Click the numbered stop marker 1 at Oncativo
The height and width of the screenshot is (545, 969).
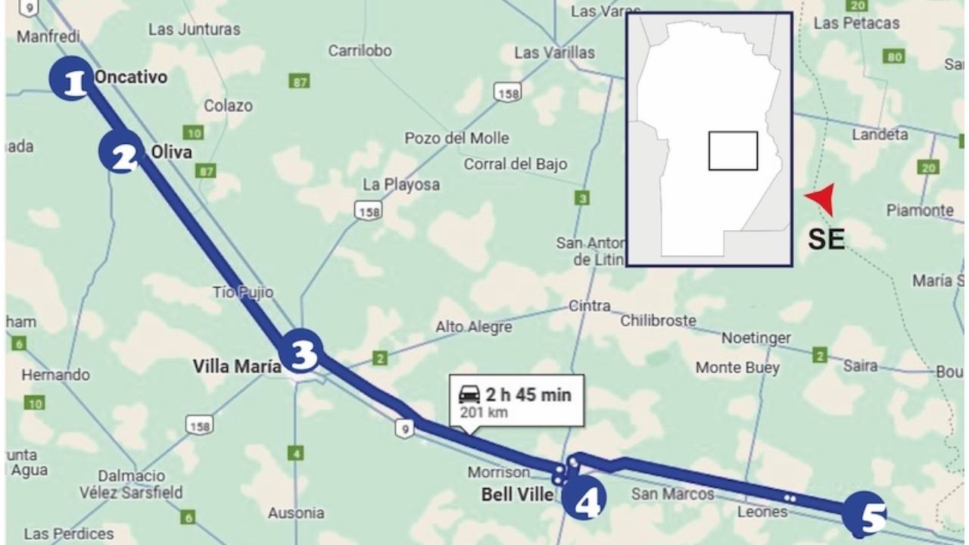[x=72, y=79]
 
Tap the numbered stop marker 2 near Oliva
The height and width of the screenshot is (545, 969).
[x=121, y=152]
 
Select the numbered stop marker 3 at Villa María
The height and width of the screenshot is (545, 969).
[x=302, y=352]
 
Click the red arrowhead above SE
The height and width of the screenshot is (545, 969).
[x=822, y=198]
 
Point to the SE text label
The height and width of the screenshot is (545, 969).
[x=825, y=239]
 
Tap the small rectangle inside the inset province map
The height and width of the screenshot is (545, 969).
[x=733, y=151]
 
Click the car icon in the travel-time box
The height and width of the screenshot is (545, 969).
[x=469, y=394]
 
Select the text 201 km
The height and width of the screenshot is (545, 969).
[x=484, y=413]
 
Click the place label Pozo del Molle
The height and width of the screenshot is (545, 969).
[x=456, y=139]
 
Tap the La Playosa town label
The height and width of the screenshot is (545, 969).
[x=401, y=185]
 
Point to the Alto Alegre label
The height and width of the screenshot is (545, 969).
[x=473, y=327]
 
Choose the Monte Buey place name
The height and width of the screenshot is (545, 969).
[x=737, y=368]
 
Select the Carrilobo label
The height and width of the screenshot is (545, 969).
[x=360, y=51]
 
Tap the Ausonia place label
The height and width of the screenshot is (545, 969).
[x=296, y=513]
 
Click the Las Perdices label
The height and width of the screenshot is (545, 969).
[x=69, y=534]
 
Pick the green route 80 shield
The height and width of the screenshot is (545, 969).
[x=894, y=56]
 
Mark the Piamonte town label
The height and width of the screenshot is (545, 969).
[x=920, y=210]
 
